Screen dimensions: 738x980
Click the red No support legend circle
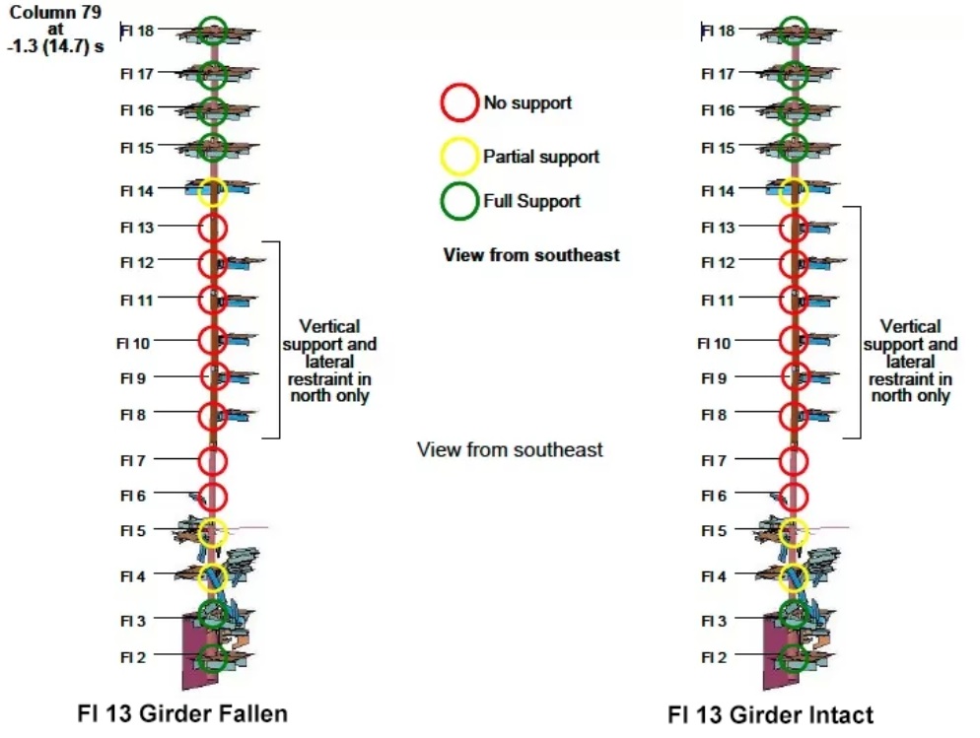tap(459, 101)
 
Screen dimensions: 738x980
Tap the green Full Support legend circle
tap(459, 201)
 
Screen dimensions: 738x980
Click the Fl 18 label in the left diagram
tap(137, 31)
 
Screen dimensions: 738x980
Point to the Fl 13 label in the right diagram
tap(718, 228)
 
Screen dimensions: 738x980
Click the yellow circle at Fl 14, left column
tap(212, 191)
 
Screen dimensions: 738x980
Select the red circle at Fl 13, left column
tap(212, 228)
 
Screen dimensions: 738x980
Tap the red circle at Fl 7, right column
tap(793, 460)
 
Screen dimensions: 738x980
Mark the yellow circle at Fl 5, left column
tap(212, 532)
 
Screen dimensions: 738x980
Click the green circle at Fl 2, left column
tap(212, 657)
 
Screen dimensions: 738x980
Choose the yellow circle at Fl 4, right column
tap(793, 576)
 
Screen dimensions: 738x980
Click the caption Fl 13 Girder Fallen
tap(182, 712)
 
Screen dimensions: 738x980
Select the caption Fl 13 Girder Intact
tap(770, 714)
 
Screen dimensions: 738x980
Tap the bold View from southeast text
tap(531, 255)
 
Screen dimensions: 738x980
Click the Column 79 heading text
tap(56, 12)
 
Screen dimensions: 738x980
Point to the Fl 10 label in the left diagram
tap(134, 343)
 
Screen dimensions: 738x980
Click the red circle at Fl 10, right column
tap(793, 341)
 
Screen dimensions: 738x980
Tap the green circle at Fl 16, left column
tap(212, 110)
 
